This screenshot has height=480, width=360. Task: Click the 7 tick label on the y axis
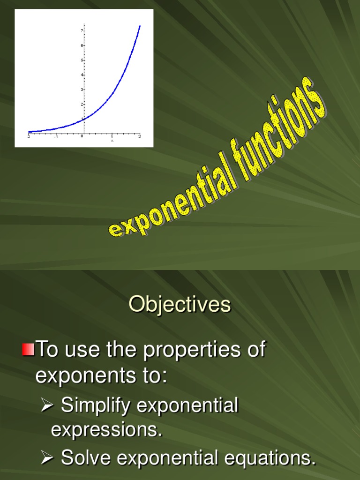point(82,30)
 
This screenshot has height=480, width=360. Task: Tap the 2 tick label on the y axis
point(82,104)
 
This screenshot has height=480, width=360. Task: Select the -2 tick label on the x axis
point(28,136)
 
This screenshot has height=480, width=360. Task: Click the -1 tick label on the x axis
point(56,136)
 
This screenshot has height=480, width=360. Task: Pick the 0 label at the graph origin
point(82,136)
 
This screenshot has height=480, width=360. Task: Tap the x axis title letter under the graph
point(112,140)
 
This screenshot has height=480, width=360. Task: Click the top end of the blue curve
point(140,26)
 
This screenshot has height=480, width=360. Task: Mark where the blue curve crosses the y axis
point(84,119)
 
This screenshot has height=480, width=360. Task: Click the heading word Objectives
point(180,305)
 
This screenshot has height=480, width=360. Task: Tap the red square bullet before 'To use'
point(28,349)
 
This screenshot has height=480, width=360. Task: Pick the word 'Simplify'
point(96,406)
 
